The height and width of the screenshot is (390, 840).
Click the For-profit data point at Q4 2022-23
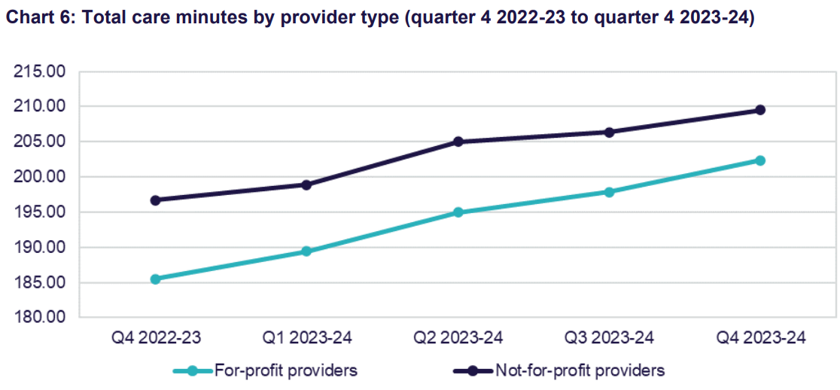click(x=155, y=279)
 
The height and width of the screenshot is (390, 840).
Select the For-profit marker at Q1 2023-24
click(x=306, y=251)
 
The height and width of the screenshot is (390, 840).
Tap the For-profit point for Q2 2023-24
click(x=458, y=212)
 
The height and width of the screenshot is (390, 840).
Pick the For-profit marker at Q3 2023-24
click(x=609, y=192)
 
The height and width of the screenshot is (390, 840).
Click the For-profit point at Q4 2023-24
click(x=760, y=160)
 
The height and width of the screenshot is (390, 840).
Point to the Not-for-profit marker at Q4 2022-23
click(x=155, y=200)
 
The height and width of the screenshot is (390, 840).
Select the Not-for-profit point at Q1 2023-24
click(x=306, y=184)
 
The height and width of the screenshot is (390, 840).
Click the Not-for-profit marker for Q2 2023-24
click(x=458, y=142)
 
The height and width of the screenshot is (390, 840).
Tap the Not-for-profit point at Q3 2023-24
click(x=609, y=133)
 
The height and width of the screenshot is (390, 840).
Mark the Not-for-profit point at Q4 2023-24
click(x=760, y=110)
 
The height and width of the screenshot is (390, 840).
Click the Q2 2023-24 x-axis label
click(x=458, y=338)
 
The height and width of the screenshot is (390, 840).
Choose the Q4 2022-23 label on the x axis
click(x=155, y=338)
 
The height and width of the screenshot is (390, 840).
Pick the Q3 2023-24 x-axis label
click(x=609, y=338)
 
